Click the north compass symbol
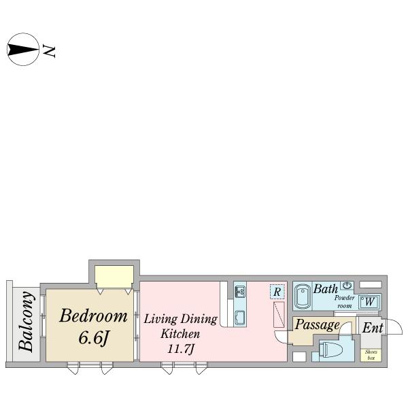pyautogui.click(x=23, y=49)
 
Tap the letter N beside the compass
pyautogui.click(x=49, y=51)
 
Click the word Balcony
pyautogui.click(x=27, y=322)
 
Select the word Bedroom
pyautogui.click(x=93, y=316)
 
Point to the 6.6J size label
pyautogui.click(x=93, y=338)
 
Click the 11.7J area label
pyautogui.click(x=181, y=349)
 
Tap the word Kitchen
pyautogui.click(x=180, y=334)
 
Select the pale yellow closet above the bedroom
pyautogui.click(x=114, y=277)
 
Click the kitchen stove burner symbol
pyautogui.click(x=240, y=292)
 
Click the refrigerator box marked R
pyautogui.click(x=277, y=292)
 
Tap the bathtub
pyautogui.click(x=303, y=296)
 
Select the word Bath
pyautogui.click(x=326, y=289)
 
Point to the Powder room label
pyautogui.click(x=345, y=302)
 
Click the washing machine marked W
pyautogui.click(x=369, y=302)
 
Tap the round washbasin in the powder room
pyautogui.click(x=347, y=286)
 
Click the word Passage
pyautogui.click(x=317, y=325)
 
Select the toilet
pyautogui.click(x=332, y=350)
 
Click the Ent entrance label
pyautogui.click(x=373, y=328)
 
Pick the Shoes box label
pyautogui.click(x=371, y=355)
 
